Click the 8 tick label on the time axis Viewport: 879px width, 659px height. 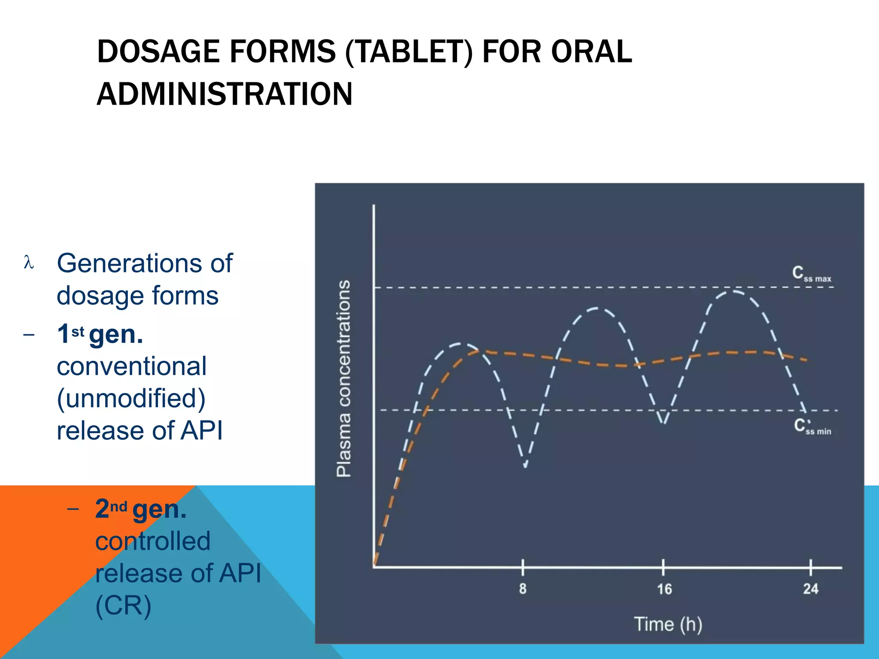(522, 589)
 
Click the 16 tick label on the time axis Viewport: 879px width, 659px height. (664, 589)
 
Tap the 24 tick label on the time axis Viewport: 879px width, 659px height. (811, 589)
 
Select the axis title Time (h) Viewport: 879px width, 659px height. (668, 624)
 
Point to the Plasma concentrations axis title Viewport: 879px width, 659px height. (344, 378)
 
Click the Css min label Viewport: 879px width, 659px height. (812, 427)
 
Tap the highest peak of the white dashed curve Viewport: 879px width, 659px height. (734, 292)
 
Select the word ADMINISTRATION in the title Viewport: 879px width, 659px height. (224, 94)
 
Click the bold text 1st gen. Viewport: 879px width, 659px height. (100, 334)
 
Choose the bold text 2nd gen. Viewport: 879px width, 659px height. (141, 509)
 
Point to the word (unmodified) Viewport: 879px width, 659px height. (131, 399)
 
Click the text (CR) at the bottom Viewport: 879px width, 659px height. (123, 606)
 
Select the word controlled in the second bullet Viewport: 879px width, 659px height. (153, 541)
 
